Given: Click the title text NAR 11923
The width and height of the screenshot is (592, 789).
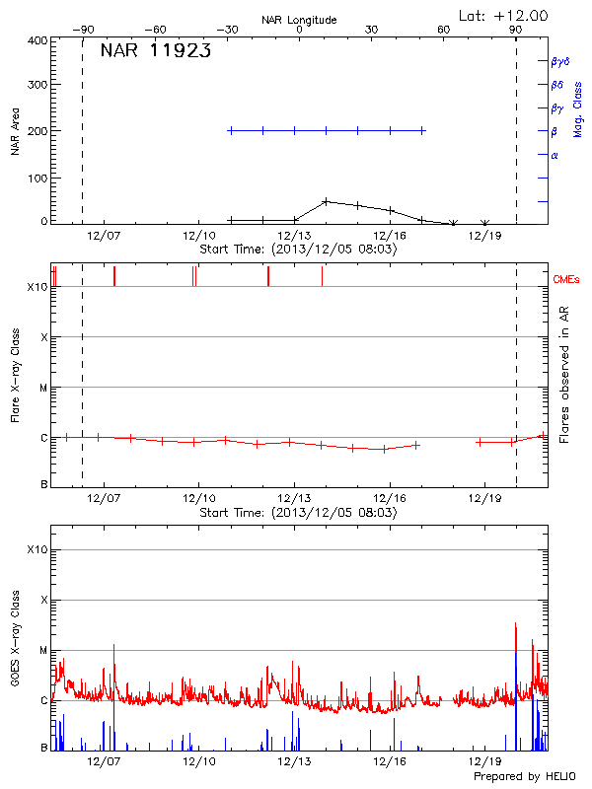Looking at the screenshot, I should (156, 52).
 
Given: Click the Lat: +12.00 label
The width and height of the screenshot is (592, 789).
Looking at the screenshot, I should (504, 15).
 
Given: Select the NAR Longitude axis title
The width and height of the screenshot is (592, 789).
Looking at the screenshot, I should (299, 20).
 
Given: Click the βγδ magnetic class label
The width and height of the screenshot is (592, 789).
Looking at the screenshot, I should (559, 61).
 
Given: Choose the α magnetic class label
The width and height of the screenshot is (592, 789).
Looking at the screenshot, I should (555, 155).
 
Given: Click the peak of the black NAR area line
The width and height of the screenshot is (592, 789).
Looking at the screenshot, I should (326, 201).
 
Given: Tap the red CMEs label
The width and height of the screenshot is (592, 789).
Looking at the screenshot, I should (567, 280).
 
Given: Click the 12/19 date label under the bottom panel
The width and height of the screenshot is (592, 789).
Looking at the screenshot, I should (484, 761).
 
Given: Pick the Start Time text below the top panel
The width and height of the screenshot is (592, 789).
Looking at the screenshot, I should (298, 250).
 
